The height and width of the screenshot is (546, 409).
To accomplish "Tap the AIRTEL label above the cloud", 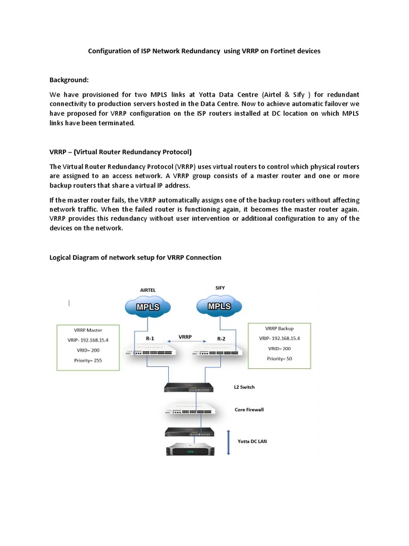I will coord(148,290).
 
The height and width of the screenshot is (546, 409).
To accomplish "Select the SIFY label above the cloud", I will coord(220,288).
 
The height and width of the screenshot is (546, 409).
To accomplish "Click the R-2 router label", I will coord(221,338).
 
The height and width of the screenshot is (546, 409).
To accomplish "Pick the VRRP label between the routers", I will coord(185,336).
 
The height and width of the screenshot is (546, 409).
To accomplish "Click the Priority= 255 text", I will coord(88,360).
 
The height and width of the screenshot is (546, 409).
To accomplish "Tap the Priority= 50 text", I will coord(280,358).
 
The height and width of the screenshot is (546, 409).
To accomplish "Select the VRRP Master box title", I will coord(88,330).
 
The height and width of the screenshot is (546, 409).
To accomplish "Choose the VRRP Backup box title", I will coord(279,328).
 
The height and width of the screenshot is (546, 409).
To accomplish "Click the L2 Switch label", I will coord(244,387).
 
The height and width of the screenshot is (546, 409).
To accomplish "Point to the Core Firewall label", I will coord(249,409).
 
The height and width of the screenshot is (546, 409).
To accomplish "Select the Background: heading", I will coord(69,80).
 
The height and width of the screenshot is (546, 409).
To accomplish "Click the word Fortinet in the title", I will coord(280,51).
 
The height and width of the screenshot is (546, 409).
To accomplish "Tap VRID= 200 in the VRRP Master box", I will coord(88,350).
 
